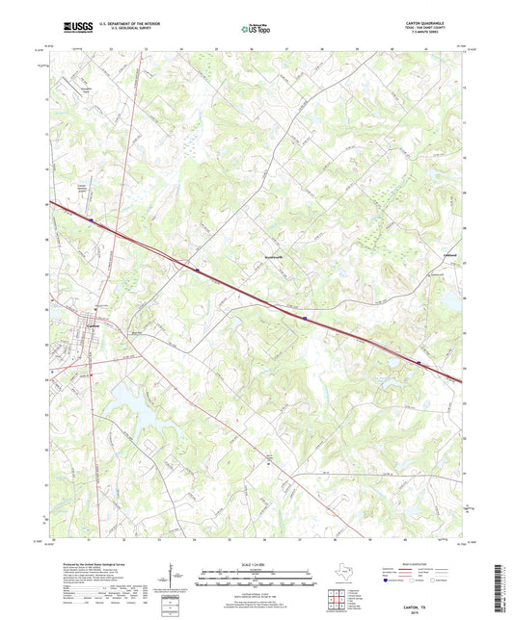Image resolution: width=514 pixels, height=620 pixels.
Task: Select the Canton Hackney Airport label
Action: pyautogui.click(x=87, y=189)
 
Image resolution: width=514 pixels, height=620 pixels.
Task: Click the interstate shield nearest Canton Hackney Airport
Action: pyautogui.click(x=91, y=220)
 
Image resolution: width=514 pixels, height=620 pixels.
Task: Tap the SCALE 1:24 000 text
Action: pyautogui.click(x=257, y=564)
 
